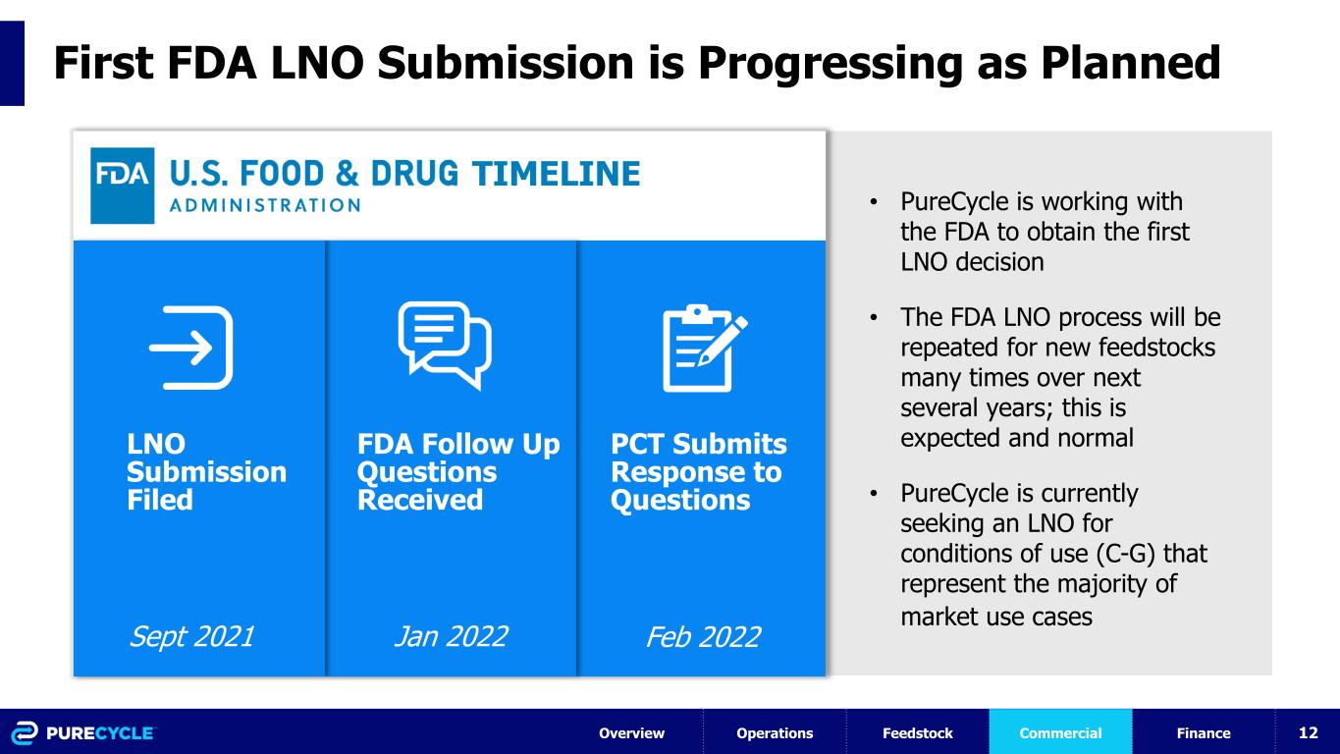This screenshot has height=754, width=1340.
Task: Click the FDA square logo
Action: tap(122, 186)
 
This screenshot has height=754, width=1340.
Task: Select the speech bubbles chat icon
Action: tap(445, 346)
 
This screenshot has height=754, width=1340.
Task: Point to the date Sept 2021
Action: tap(192, 637)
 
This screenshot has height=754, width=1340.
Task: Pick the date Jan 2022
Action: tap(452, 637)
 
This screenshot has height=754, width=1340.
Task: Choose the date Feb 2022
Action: tap(704, 637)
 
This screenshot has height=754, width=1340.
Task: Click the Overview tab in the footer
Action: tap(632, 732)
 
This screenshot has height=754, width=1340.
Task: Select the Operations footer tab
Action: tap(775, 732)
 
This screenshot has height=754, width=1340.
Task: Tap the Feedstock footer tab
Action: tap(918, 732)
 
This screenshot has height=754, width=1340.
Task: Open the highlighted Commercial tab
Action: tap(1060, 732)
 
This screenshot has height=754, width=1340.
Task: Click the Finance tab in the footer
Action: tap(1204, 732)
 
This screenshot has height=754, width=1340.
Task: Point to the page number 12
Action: tap(1309, 732)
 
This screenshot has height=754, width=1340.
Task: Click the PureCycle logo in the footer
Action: tap(83, 732)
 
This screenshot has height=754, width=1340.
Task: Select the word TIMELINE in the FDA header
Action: tap(556, 174)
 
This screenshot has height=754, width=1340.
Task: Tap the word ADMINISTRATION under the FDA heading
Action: tap(265, 205)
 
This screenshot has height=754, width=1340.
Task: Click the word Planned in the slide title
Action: tap(1130, 62)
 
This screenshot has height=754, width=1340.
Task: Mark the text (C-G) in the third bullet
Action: tap(1125, 554)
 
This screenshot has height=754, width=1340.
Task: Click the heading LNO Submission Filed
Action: tap(206, 471)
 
